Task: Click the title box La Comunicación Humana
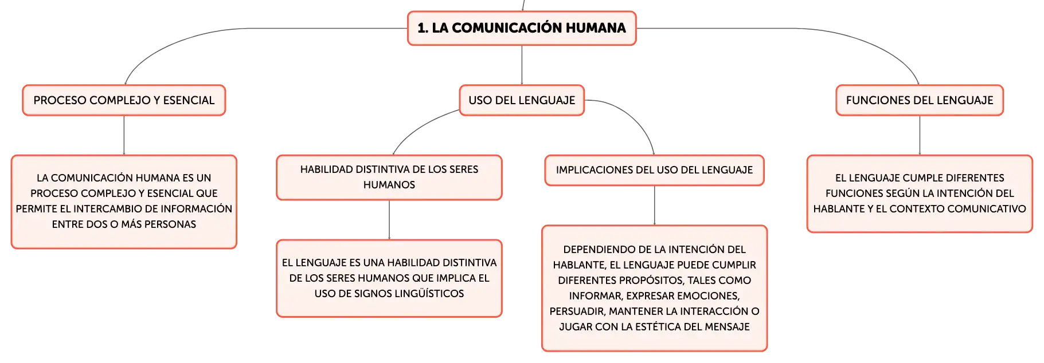(x=522, y=28)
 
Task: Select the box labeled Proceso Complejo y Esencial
(x=124, y=100)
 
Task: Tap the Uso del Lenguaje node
(x=522, y=100)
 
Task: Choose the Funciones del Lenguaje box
(x=920, y=100)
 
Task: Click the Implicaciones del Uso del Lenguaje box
(x=654, y=170)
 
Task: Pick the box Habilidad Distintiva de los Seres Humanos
(x=389, y=177)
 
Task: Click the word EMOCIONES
(x=710, y=296)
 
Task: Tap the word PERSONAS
(x=171, y=224)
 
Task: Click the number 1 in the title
(x=422, y=28)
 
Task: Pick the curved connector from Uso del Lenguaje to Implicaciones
(x=636, y=117)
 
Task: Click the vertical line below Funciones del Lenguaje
(x=920, y=135)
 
